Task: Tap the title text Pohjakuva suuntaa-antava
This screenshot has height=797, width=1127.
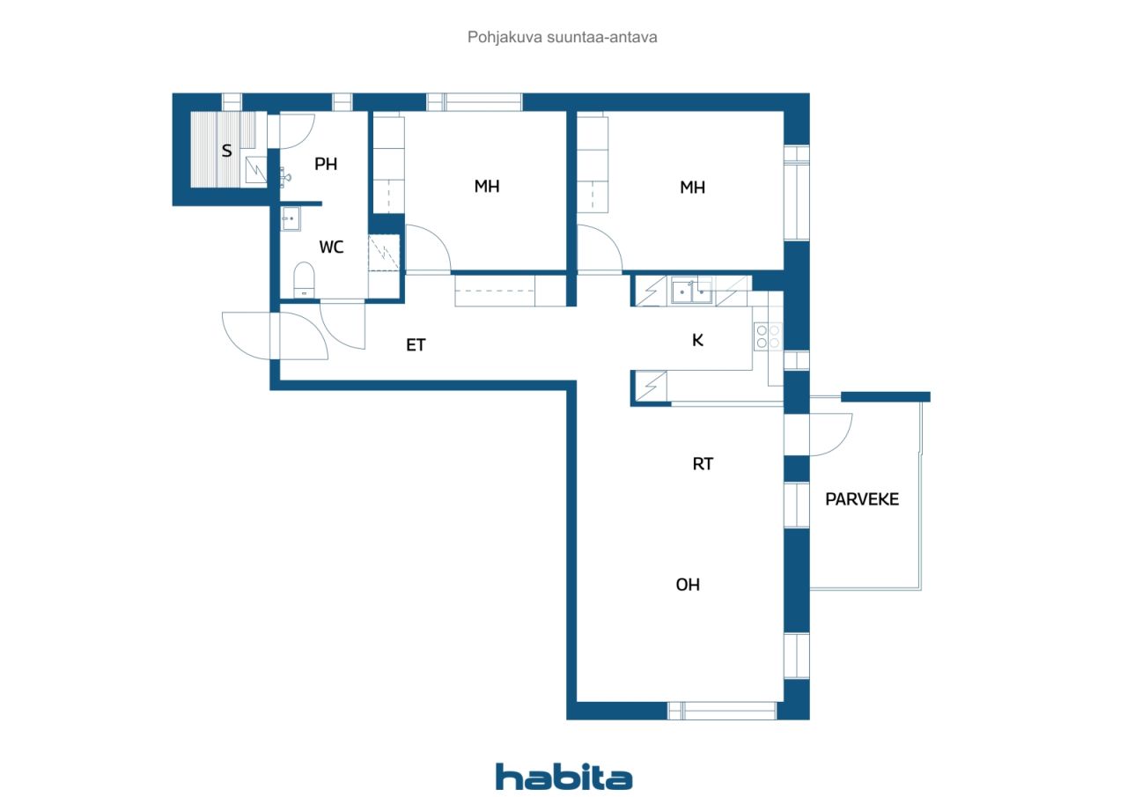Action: click(x=562, y=37)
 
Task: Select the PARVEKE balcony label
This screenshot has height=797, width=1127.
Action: click(x=862, y=499)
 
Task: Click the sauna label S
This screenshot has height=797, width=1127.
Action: click(x=226, y=151)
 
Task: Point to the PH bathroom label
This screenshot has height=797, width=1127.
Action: click(x=326, y=164)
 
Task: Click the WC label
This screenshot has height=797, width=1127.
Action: click(x=331, y=247)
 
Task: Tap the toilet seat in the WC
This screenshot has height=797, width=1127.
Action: click(x=304, y=280)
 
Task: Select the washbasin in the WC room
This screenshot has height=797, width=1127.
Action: click(x=291, y=219)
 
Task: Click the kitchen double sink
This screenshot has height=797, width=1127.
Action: click(x=692, y=291)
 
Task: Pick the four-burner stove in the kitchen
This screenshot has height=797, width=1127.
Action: click(x=768, y=336)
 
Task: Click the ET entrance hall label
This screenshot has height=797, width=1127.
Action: click(x=416, y=344)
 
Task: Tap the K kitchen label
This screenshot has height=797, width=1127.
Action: click(x=697, y=340)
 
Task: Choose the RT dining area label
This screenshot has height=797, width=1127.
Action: click(x=703, y=463)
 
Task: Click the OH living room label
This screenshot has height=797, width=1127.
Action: click(x=688, y=585)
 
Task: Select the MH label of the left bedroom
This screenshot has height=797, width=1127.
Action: click(x=487, y=187)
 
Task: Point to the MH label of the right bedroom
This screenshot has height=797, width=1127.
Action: click(x=692, y=188)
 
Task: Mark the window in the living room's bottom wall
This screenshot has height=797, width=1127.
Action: click(x=722, y=711)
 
